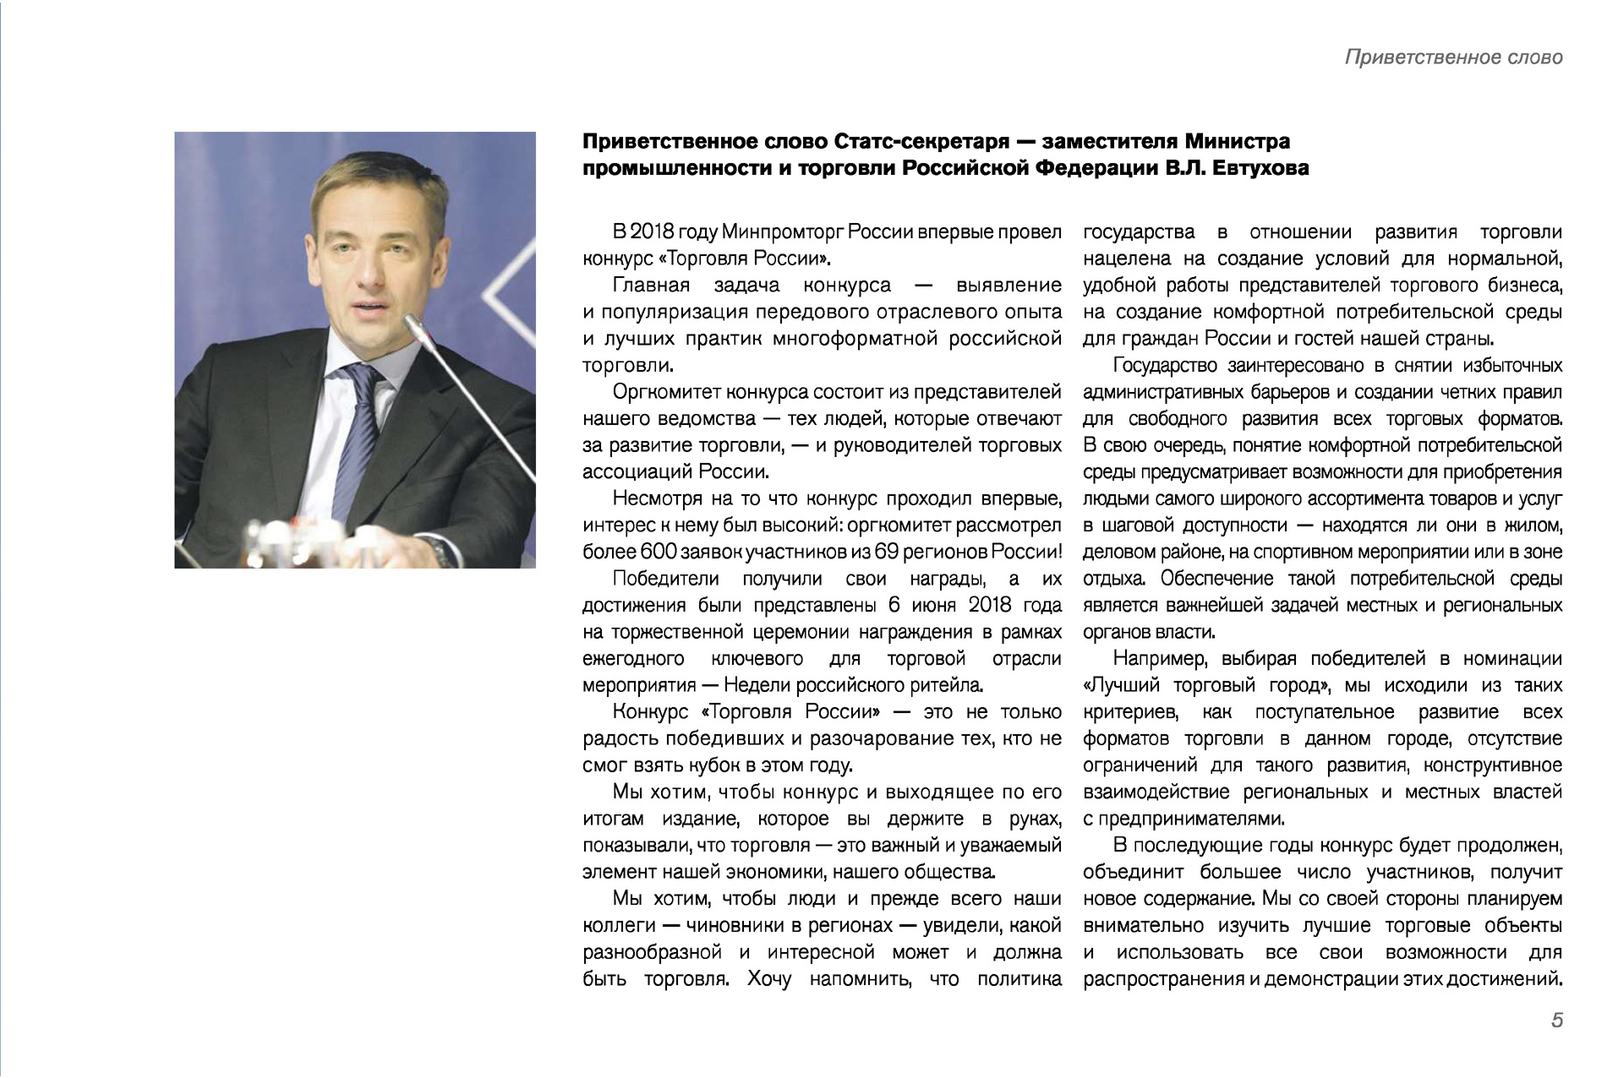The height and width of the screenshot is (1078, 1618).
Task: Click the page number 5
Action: click(1556, 1021)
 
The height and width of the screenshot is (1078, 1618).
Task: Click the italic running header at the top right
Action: click(1453, 57)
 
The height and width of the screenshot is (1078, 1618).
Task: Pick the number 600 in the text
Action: click(653, 553)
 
